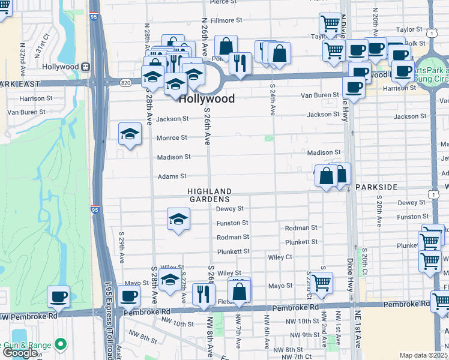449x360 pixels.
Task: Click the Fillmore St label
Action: tap(226, 20)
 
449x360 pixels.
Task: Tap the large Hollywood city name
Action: tap(206, 99)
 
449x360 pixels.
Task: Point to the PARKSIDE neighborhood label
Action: tap(376, 187)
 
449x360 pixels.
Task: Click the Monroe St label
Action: tap(172, 137)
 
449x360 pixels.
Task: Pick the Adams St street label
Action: tap(172, 176)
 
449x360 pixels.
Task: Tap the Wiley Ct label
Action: tap(297, 257)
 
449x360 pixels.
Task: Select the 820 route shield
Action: tap(125, 82)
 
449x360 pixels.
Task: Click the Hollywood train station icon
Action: tap(86, 67)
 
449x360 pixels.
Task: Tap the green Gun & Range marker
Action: tap(60, 344)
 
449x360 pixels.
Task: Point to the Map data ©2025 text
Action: tap(423, 355)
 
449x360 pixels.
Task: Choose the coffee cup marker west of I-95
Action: tap(59, 296)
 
